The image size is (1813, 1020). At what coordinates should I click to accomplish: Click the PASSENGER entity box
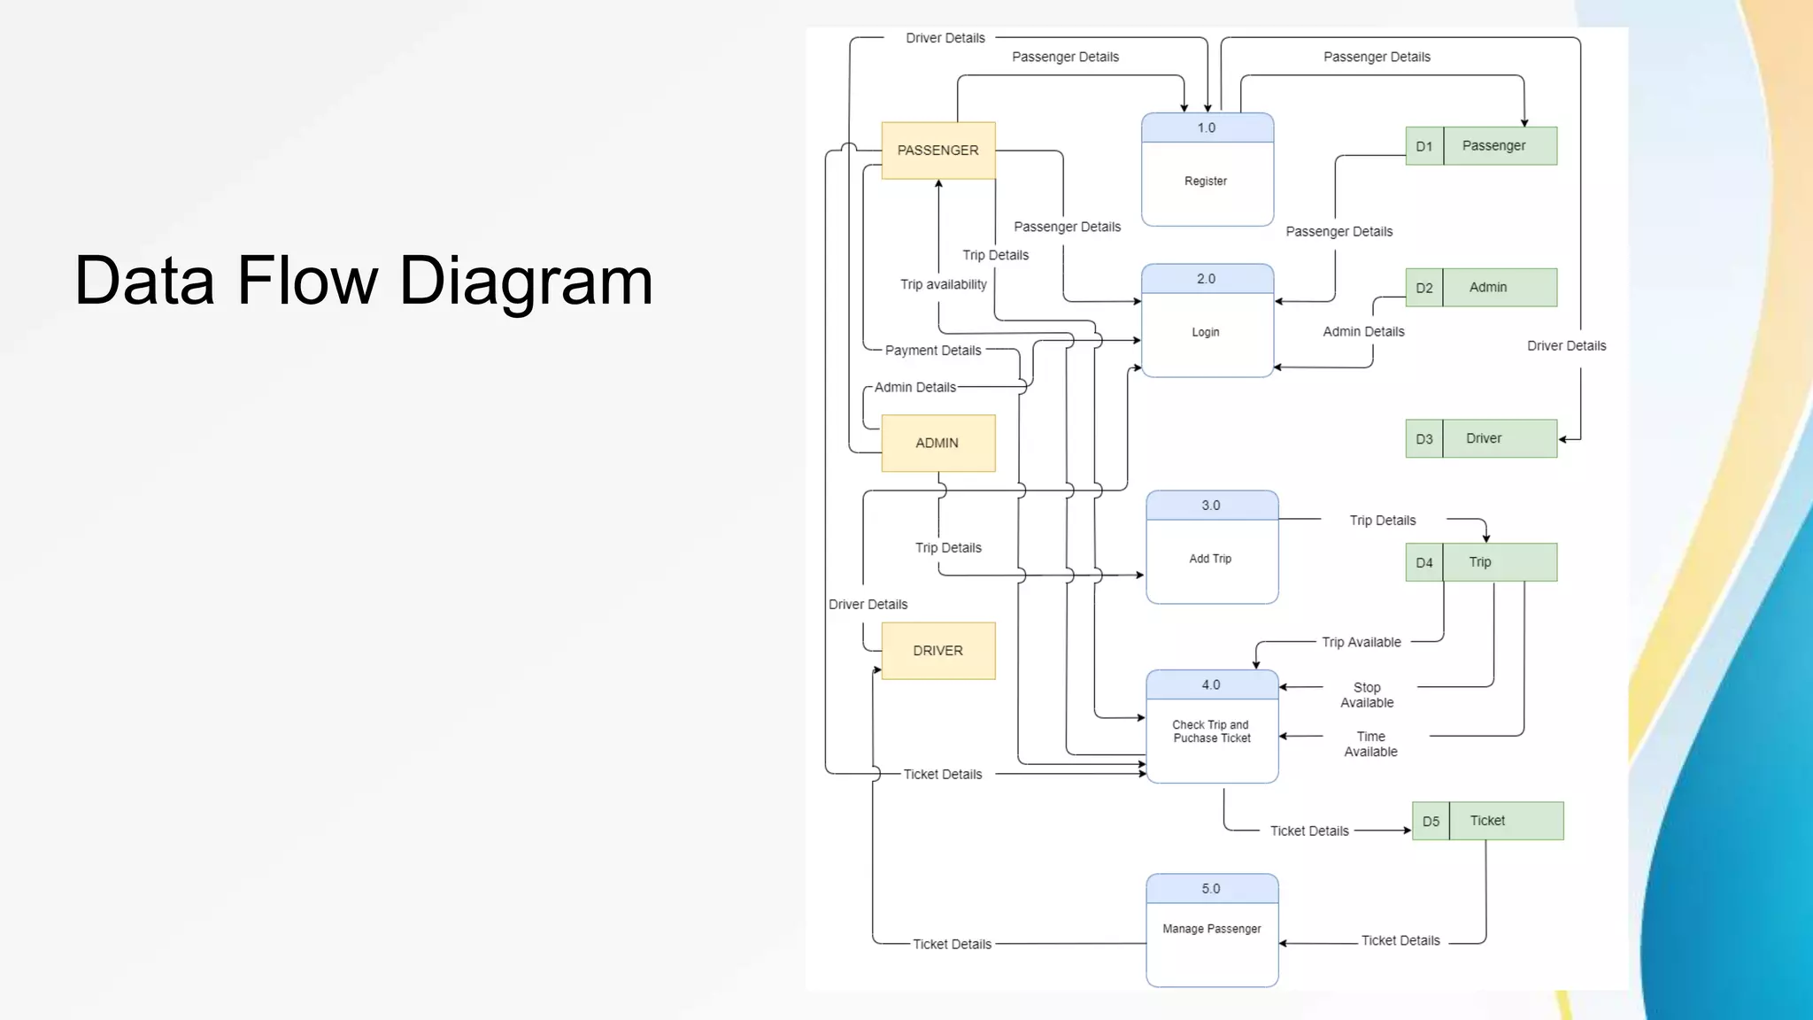click(938, 151)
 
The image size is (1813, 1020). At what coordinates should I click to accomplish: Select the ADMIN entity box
click(938, 443)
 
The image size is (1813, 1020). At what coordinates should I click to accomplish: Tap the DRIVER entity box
click(938, 651)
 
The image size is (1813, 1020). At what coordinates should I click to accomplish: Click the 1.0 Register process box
click(1207, 170)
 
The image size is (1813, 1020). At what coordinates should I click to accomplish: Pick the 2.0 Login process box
click(1207, 321)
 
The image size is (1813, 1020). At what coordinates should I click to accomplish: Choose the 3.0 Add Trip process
click(1212, 548)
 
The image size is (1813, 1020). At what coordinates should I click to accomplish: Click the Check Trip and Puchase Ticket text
click(1211, 731)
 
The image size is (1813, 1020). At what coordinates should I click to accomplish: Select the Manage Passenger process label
click(1211, 929)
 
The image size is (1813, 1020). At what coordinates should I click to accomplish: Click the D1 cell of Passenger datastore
click(1423, 147)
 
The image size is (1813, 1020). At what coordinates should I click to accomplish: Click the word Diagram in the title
click(526, 281)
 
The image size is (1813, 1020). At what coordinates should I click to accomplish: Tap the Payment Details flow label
click(933, 351)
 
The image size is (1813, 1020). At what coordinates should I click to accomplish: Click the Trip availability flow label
click(943, 284)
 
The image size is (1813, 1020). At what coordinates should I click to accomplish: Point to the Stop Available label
click(1367, 695)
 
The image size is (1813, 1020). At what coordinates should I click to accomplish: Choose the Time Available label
click(1370, 744)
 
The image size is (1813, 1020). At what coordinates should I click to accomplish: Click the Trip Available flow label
click(1362, 642)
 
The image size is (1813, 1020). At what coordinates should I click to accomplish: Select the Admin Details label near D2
click(1363, 331)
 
